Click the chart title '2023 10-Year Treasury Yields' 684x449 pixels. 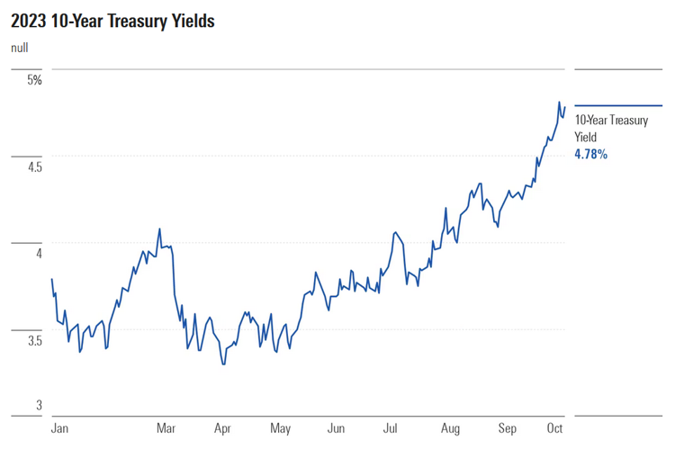[x=112, y=21]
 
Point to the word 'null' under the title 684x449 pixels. [x=20, y=48]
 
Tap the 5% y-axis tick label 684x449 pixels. [x=34, y=80]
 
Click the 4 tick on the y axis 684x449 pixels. [x=38, y=254]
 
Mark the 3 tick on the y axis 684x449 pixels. [x=38, y=406]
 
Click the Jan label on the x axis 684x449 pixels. [x=60, y=429]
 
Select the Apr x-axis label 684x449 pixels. [x=222, y=429]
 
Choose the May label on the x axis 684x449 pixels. [x=280, y=429]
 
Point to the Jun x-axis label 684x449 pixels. [x=336, y=429]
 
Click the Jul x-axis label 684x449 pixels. [x=391, y=429]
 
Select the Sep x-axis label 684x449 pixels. [x=507, y=429]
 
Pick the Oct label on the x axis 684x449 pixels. [x=554, y=429]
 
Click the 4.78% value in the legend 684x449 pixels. [x=590, y=155]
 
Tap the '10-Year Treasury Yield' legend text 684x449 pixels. [x=610, y=128]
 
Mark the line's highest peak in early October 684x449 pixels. [x=559, y=103]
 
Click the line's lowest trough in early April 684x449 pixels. [x=222, y=364]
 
